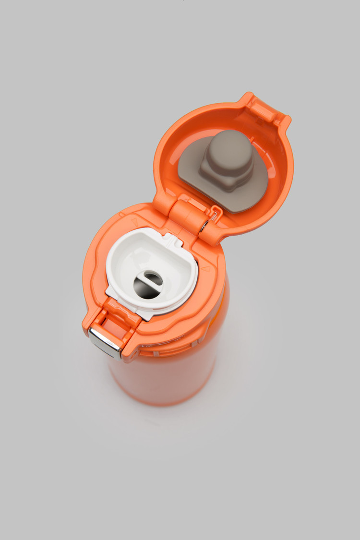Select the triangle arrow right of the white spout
click(206, 269)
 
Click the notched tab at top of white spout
click(172, 239)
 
